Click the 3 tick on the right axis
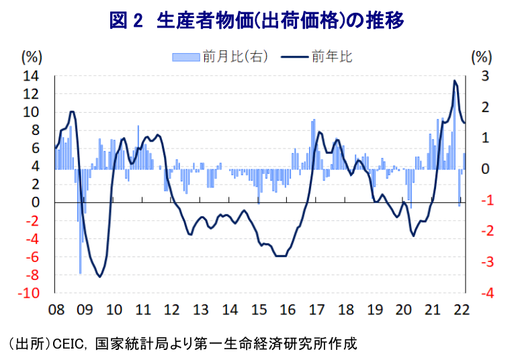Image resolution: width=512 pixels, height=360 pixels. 485,76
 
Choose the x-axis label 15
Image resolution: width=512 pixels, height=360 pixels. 259,310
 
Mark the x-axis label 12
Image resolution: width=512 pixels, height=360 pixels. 172,310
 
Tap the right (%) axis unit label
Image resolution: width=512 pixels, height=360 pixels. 482,56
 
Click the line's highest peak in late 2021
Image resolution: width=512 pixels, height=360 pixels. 455,81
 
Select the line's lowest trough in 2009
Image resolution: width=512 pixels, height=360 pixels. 100,276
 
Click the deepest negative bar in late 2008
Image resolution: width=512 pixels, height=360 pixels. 81,273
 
